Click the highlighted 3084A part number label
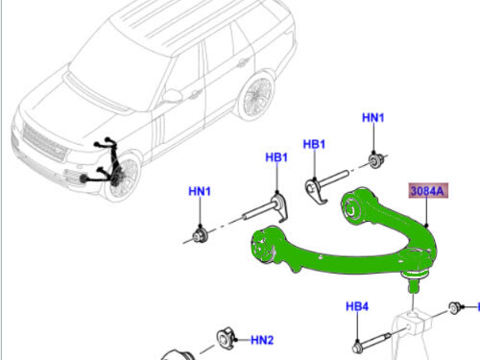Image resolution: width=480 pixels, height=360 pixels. coord(427,190)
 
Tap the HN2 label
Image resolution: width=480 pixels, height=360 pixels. coord(262,340)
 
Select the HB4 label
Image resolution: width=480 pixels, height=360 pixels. coord(357,307)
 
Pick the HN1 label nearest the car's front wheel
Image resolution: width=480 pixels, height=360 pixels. coord(199,192)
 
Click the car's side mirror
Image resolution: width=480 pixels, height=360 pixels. coord(172,95)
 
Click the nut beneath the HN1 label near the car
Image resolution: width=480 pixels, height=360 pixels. coord(199,232)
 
